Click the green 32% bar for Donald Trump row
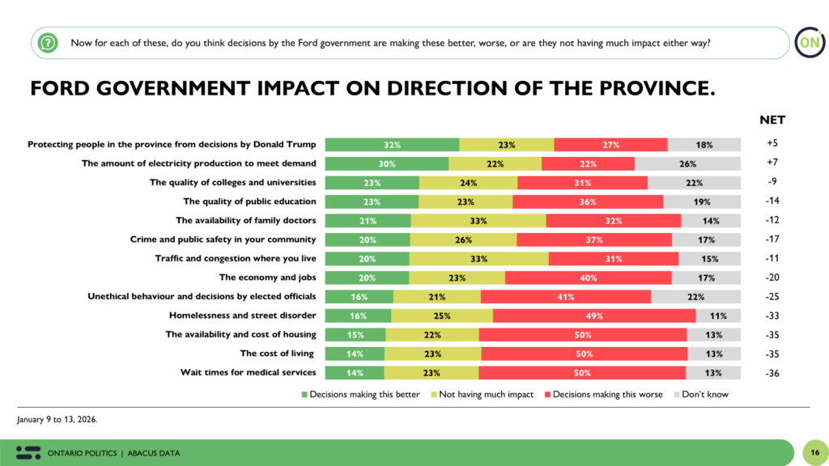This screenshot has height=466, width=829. (x=392, y=145)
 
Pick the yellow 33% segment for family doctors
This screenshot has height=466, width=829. (x=478, y=221)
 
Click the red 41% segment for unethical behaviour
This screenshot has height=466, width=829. (x=565, y=297)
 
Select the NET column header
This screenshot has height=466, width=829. (x=772, y=121)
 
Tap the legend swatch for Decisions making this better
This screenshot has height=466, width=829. (x=304, y=395)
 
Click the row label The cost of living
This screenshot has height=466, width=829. (x=278, y=354)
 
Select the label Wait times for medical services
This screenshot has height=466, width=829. (x=248, y=373)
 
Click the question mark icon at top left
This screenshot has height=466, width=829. (x=49, y=43)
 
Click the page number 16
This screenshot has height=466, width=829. (x=812, y=452)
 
